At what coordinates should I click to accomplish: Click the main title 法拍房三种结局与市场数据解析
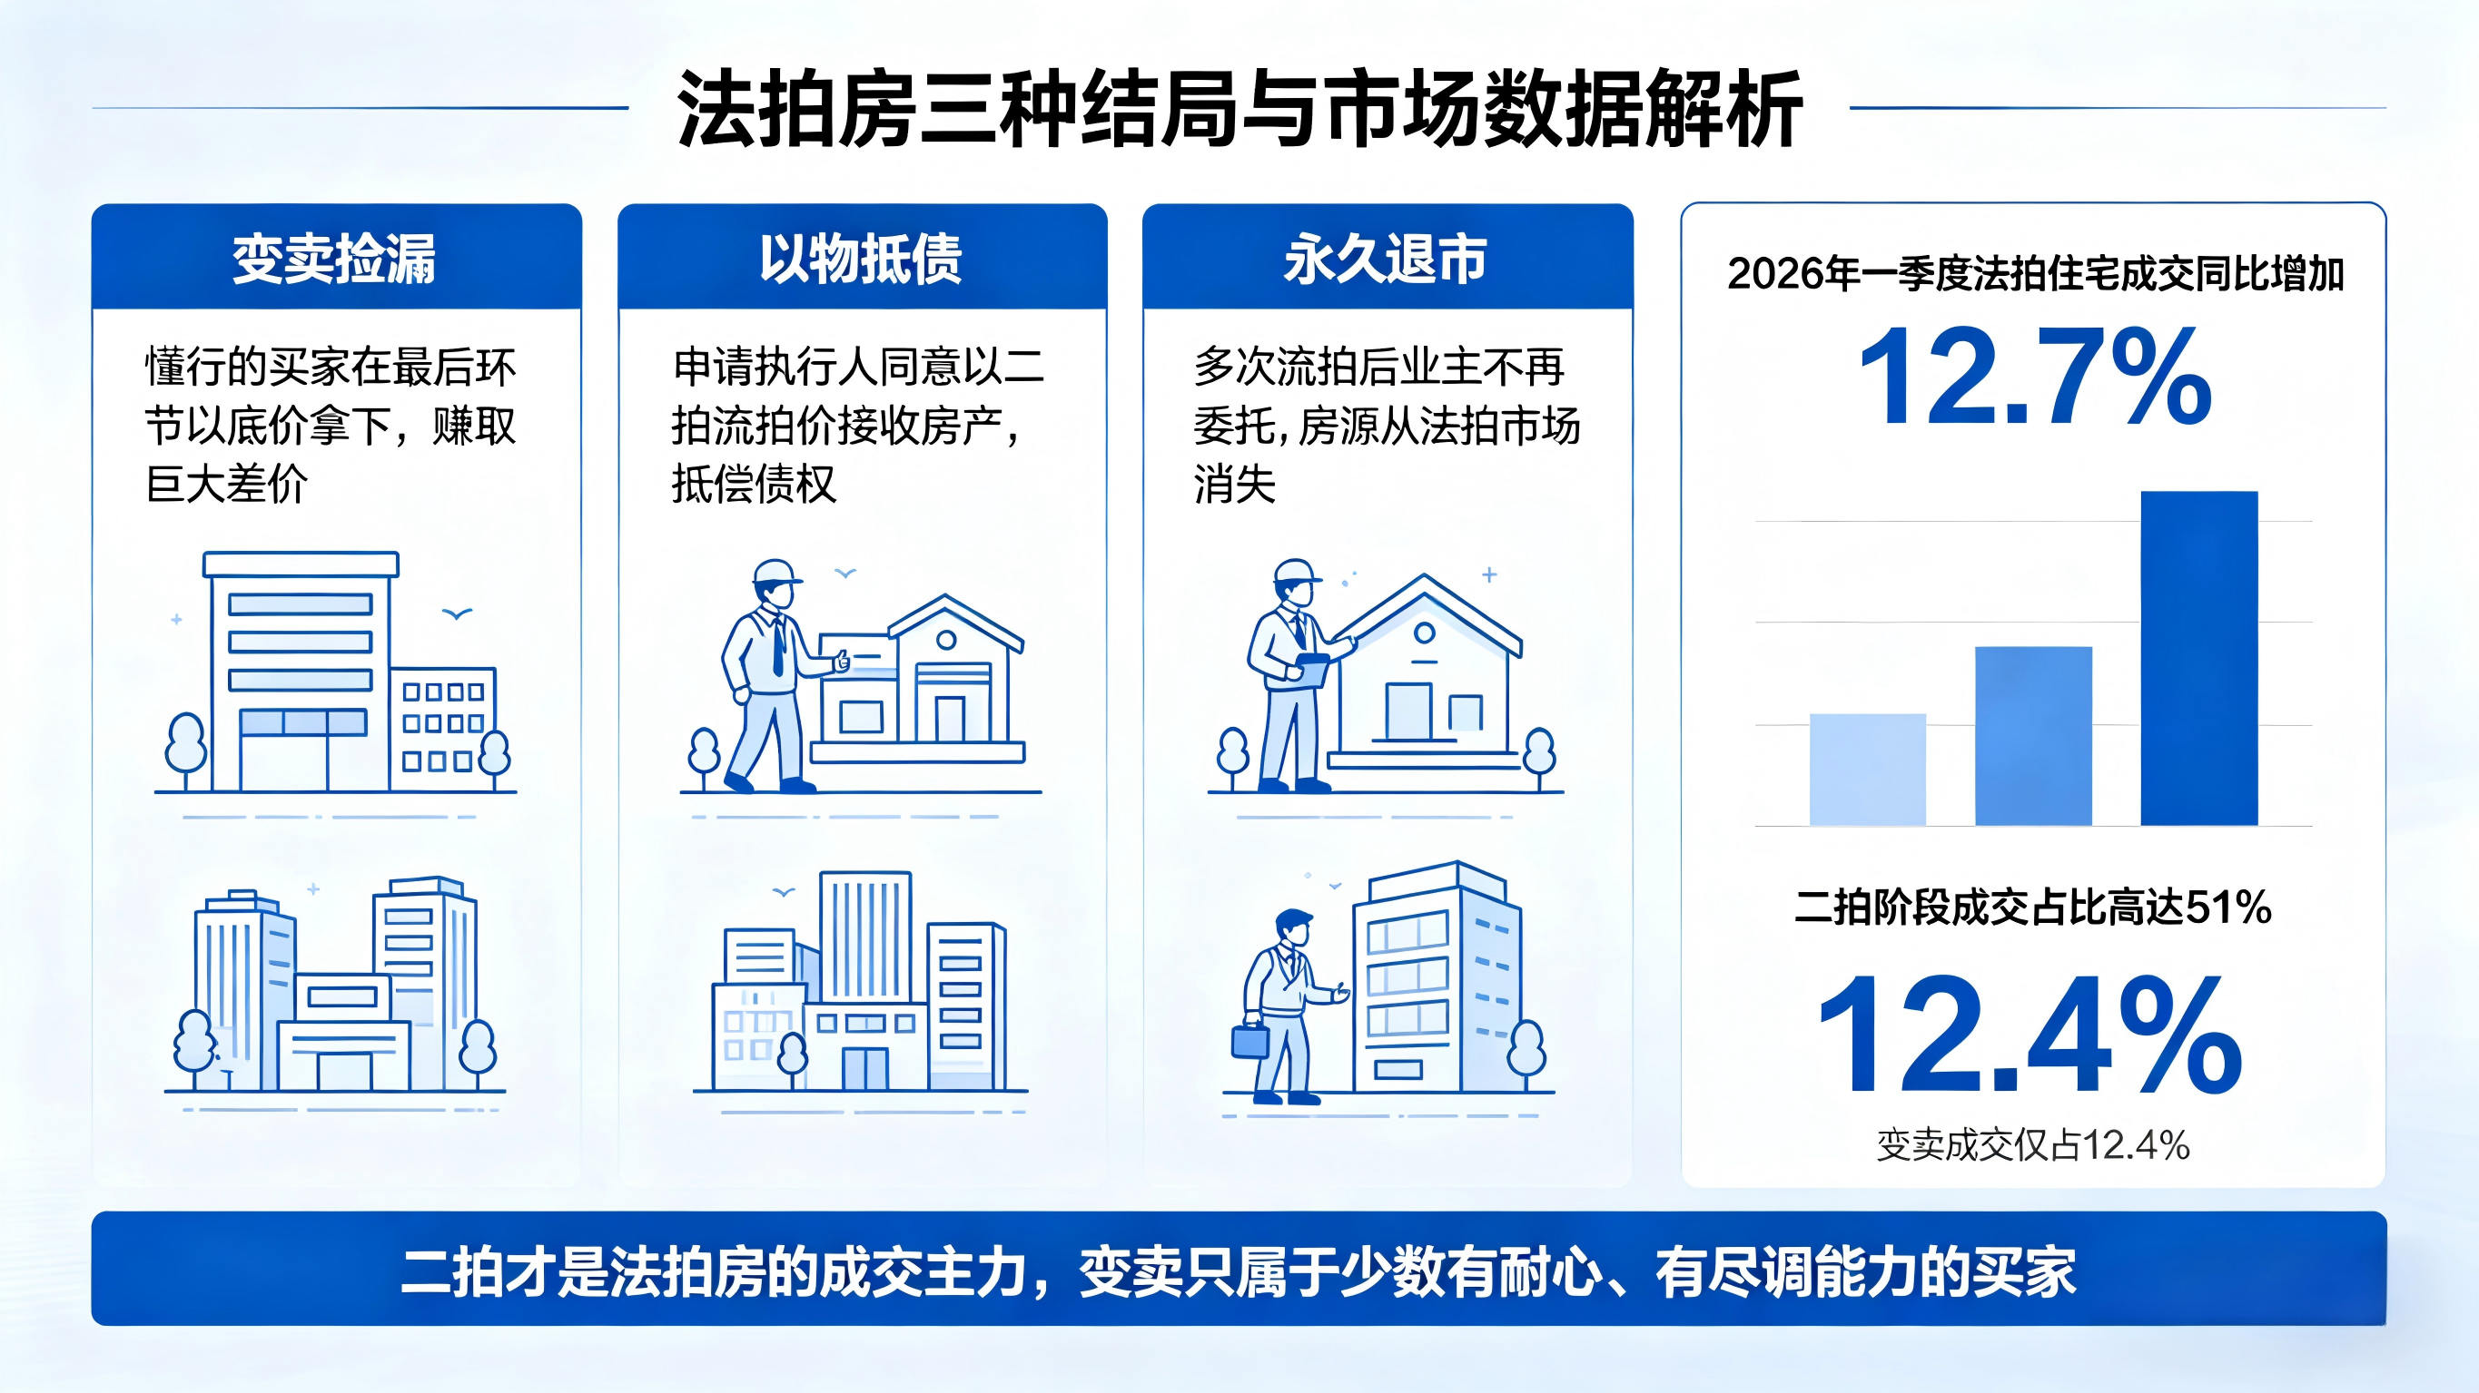[1239, 109]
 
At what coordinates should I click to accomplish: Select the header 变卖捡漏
[334, 259]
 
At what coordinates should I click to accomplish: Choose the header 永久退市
[1386, 259]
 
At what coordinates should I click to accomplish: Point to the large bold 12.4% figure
[2030, 1034]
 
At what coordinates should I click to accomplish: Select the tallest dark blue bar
[2199, 658]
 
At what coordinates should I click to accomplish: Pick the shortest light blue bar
[1867, 770]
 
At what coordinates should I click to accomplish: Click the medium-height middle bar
[2033, 736]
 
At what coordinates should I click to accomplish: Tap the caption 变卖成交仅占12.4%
[2033, 1144]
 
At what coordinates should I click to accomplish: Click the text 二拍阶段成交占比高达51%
[2033, 907]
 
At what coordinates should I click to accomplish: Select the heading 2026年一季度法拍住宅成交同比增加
[2035, 274]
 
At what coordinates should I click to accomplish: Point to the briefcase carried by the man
[1250, 1041]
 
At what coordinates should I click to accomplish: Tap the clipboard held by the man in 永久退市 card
[1311, 670]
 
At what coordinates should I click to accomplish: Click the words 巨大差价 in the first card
[227, 484]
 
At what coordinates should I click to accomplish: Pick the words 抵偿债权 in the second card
[754, 484]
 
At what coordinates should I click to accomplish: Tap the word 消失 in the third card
[1235, 484]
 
